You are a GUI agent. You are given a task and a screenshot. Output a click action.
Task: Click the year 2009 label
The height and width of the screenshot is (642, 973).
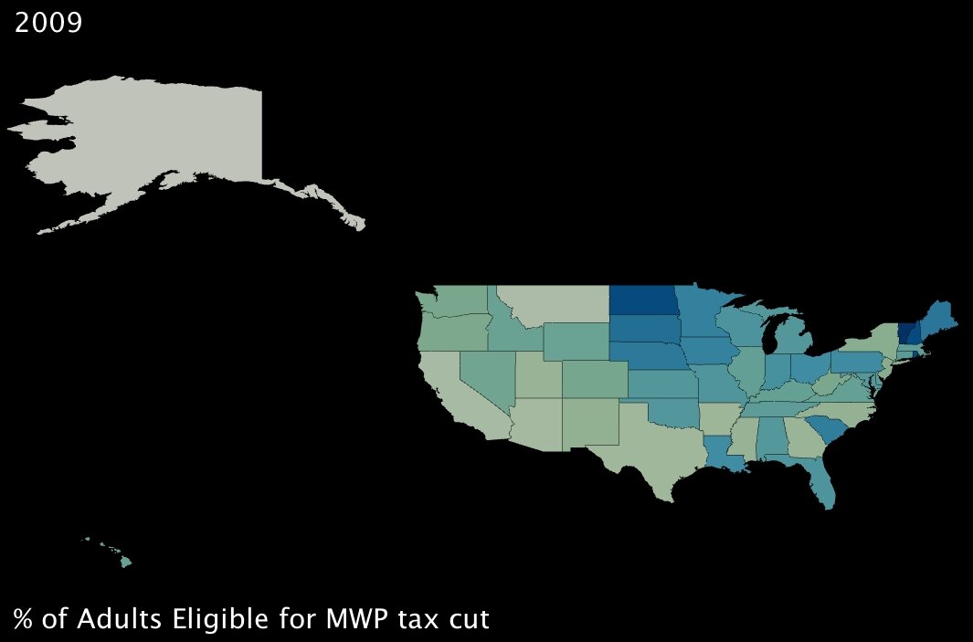pos(48,23)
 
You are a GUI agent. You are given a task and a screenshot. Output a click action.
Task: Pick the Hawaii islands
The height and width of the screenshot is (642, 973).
pos(126,562)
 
